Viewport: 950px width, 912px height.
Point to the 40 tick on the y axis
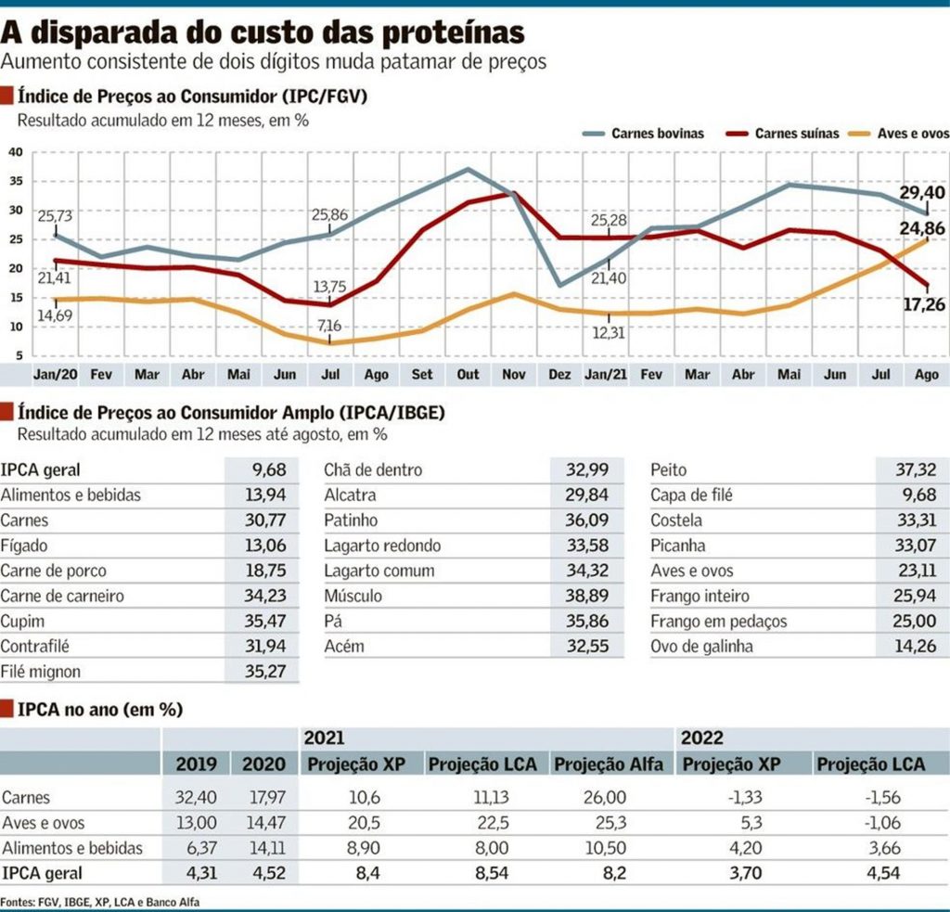pyautogui.click(x=16, y=151)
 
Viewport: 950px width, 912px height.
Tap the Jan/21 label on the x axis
pyautogui.click(x=605, y=375)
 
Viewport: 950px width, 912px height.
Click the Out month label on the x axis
pyautogui.click(x=468, y=375)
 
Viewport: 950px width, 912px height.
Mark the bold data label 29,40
pyautogui.click(x=922, y=193)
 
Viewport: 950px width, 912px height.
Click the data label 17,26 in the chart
pyautogui.click(x=924, y=304)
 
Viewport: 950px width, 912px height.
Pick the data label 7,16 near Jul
pyautogui.click(x=329, y=326)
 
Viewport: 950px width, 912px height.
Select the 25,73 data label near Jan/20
pyautogui.click(x=55, y=216)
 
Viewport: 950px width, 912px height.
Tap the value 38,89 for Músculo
pyautogui.click(x=586, y=596)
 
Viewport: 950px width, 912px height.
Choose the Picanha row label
pyautogui.click(x=678, y=546)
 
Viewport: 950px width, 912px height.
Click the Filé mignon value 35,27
pyautogui.click(x=264, y=672)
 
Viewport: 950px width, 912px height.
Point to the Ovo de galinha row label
pyautogui.click(x=701, y=647)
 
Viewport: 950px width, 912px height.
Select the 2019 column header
pyautogui.click(x=197, y=764)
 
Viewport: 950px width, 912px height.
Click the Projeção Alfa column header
pyautogui.click(x=609, y=764)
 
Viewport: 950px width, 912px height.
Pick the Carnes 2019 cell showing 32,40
pyautogui.click(x=196, y=797)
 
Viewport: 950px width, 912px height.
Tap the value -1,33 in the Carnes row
pyautogui.click(x=745, y=797)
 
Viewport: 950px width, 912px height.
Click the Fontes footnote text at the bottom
pyautogui.click(x=100, y=903)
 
